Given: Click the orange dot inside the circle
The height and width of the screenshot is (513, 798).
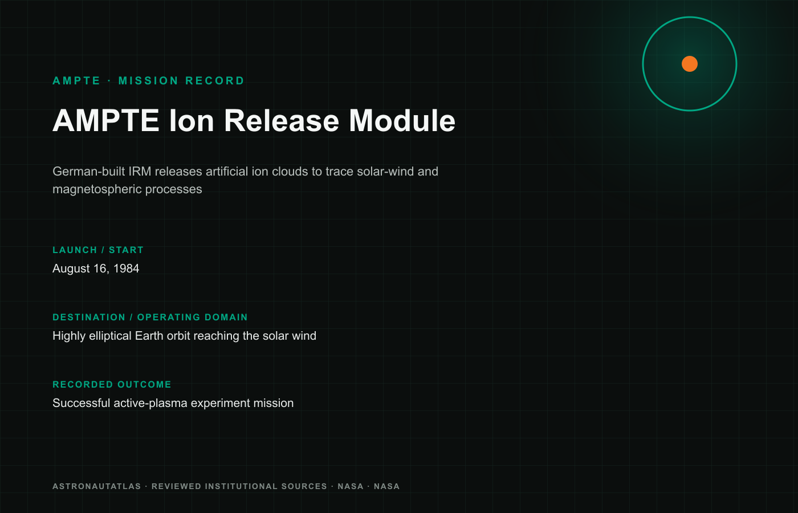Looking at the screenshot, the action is [x=689, y=64].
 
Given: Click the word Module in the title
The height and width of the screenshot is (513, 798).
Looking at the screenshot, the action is [x=402, y=121].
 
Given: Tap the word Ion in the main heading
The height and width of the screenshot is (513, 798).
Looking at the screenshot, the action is [x=192, y=121].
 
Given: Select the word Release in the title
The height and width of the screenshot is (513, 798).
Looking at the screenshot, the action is [x=282, y=121].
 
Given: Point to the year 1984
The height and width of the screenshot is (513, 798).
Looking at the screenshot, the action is [x=126, y=268].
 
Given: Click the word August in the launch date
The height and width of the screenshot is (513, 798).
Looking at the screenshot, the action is [x=71, y=268].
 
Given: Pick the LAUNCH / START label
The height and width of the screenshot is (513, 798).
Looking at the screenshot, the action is [x=98, y=250].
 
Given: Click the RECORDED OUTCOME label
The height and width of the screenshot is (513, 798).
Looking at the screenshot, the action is [x=112, y=384].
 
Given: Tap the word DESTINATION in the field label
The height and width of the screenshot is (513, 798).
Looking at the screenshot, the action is [x=89, y=317].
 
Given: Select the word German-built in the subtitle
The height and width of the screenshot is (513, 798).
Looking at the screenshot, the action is [x=89, y=172].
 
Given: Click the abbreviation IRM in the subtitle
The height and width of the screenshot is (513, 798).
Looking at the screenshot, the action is [x=140, y=172].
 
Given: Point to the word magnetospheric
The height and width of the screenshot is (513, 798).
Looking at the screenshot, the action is [x=97, y=189].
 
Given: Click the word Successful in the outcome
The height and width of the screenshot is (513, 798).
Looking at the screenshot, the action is [x=81, y=403].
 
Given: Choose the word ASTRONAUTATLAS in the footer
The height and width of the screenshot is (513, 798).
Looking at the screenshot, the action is [x=96, y=486].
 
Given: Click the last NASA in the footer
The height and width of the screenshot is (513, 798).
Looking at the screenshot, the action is [x=386, y=486].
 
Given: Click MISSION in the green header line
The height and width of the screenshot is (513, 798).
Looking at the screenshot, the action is [x=148, y=81].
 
